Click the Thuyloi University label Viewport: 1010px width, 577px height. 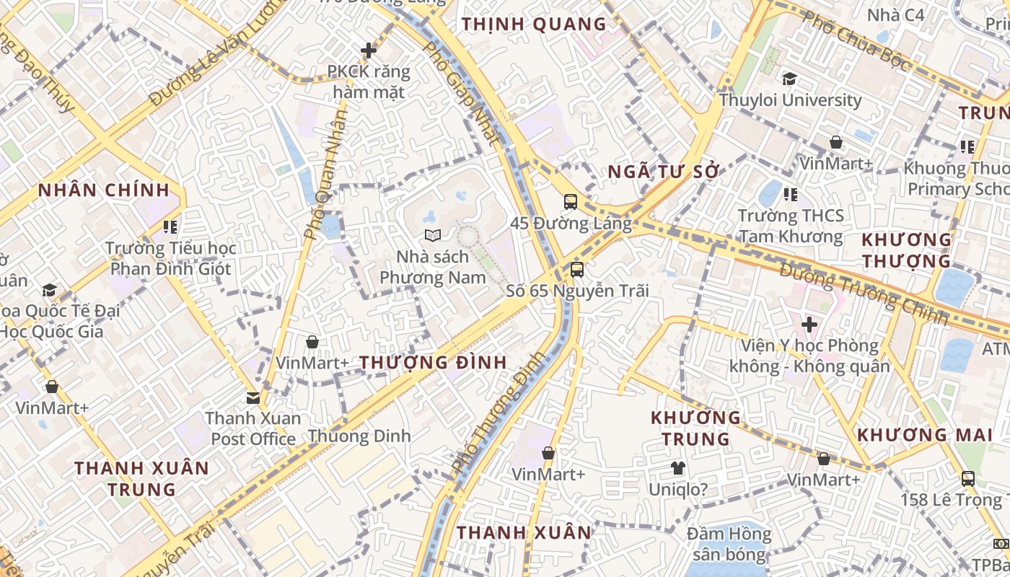790,100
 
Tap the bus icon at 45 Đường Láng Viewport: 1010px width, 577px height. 571,201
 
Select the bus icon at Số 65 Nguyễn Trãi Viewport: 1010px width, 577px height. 576,270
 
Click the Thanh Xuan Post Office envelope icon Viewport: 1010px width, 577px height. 252,397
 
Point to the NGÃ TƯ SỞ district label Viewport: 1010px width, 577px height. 664,172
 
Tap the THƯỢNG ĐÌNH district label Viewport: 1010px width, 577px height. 434,362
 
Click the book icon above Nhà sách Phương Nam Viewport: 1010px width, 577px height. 432,235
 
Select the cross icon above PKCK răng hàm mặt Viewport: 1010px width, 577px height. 369,50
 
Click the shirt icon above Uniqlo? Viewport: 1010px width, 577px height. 677,468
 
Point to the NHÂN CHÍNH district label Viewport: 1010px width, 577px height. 104,190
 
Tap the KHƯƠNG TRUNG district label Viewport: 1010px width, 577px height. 696,428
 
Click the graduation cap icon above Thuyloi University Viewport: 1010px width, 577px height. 790,79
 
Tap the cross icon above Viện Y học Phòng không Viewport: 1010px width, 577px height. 809,325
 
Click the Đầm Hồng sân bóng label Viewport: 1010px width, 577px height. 729,544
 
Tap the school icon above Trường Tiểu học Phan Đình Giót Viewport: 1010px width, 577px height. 170,227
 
